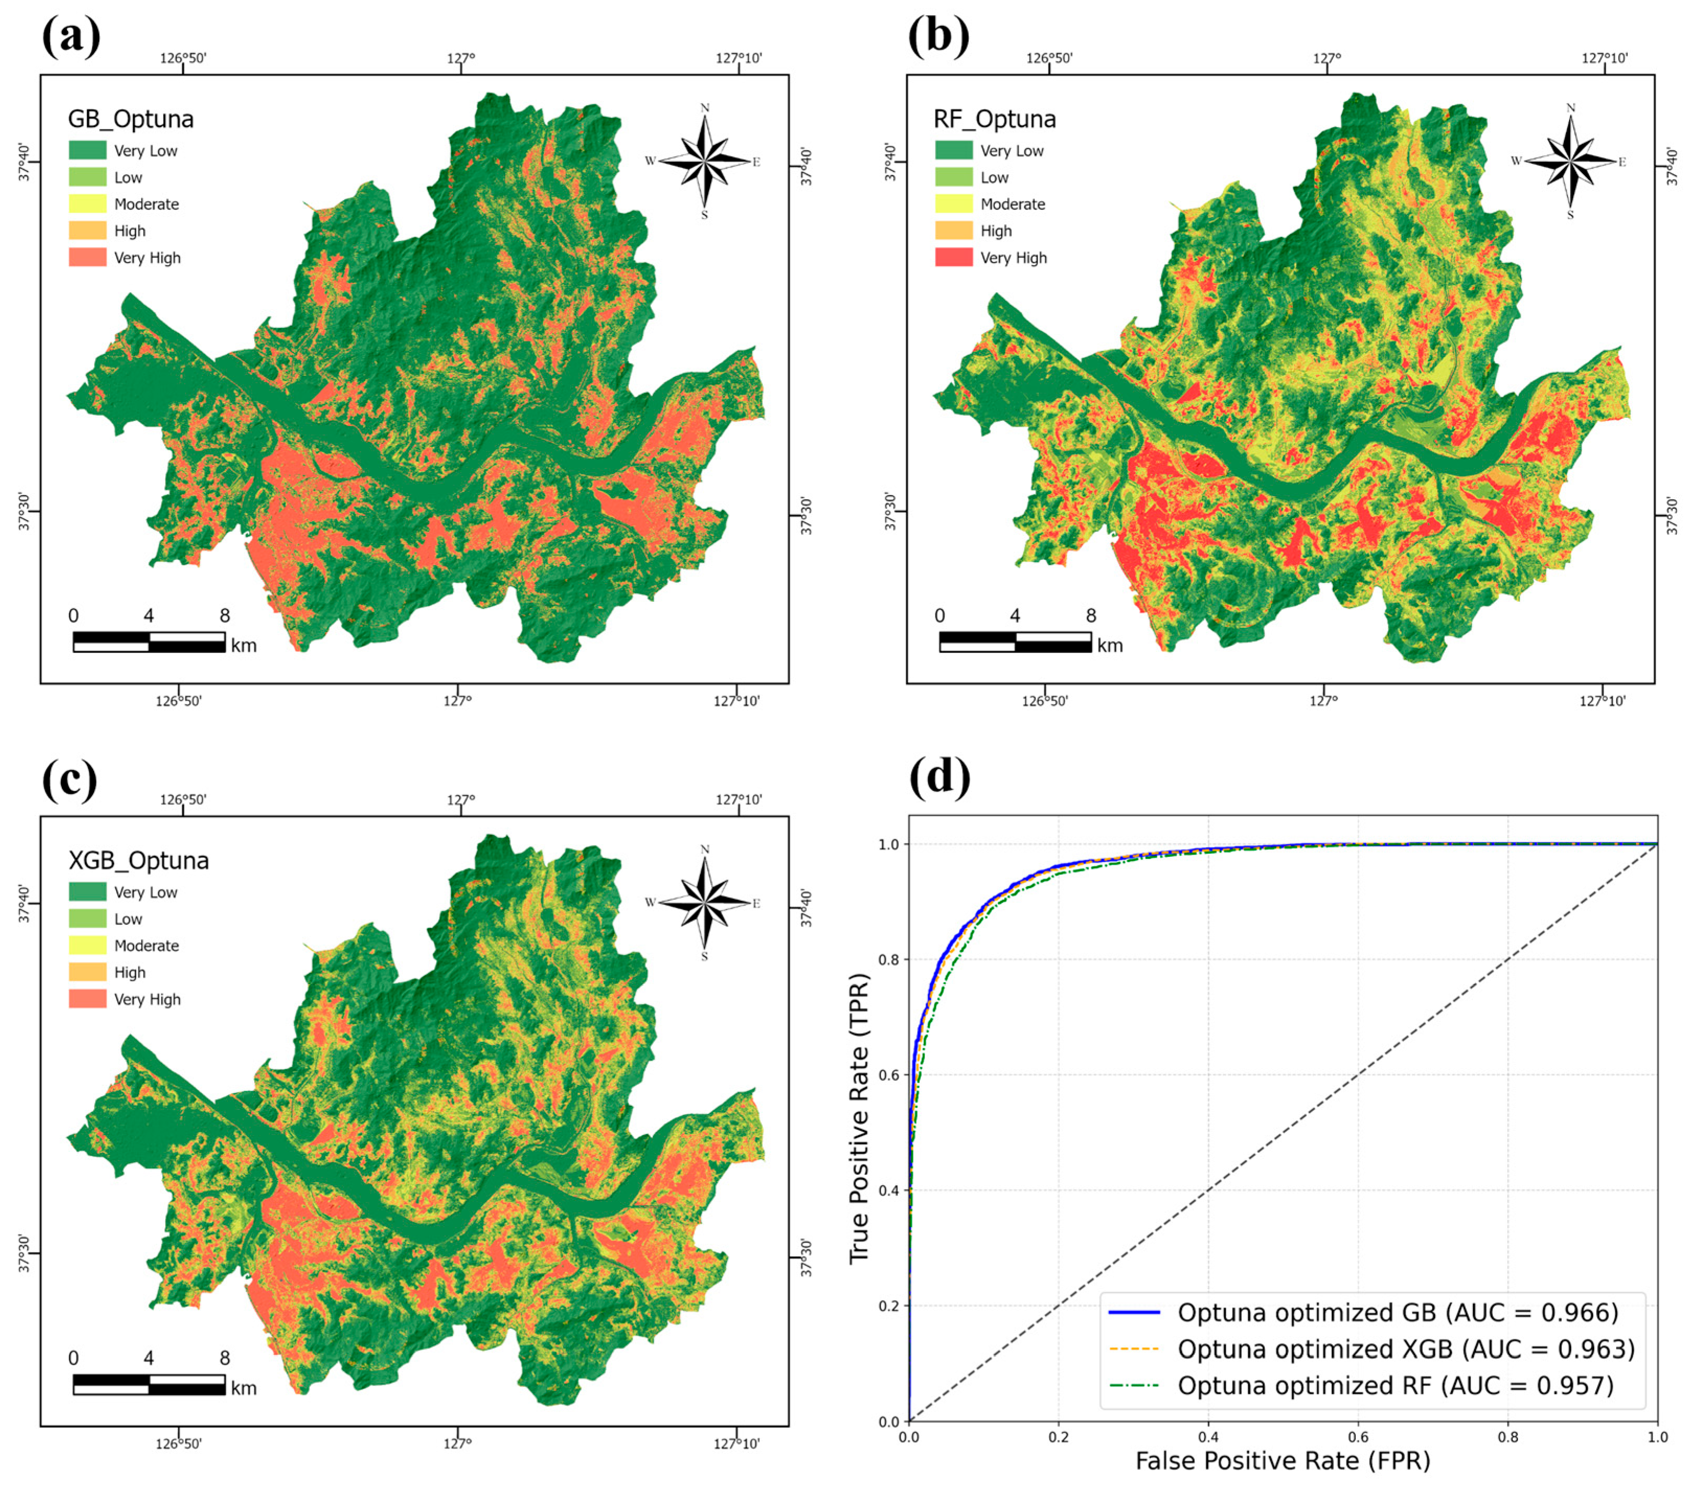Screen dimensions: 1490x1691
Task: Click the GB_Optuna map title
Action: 131,119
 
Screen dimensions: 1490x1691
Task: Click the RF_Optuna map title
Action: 995,119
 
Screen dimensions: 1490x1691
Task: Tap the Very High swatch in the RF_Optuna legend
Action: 953,257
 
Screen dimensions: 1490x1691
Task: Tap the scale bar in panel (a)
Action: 149,642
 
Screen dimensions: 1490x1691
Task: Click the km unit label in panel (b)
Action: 1110,645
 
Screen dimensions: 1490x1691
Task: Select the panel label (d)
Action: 939,778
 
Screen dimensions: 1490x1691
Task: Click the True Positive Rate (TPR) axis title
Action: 860,1118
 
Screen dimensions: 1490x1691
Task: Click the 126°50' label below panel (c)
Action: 179,1443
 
